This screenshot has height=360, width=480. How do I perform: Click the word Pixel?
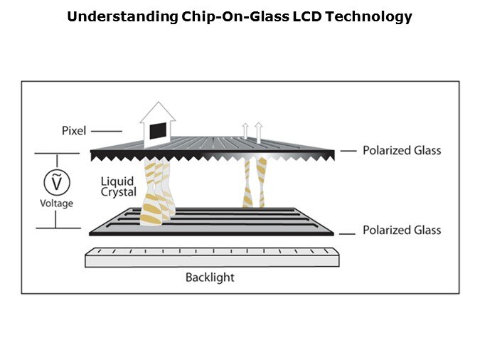74,130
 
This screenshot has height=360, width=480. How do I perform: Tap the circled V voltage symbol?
56,183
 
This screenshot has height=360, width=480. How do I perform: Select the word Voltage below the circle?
56,203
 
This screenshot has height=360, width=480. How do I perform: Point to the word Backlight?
210,277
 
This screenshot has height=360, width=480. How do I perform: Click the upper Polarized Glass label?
402,150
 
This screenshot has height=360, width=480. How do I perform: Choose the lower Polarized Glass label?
402,230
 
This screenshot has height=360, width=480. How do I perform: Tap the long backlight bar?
212,257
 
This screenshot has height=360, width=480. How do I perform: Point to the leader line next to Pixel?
107,131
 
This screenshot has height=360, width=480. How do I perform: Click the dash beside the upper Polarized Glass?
348,151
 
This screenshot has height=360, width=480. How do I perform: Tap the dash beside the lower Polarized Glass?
348,231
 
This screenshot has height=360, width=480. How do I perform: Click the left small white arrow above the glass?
245,130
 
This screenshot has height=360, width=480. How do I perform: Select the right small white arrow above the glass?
258,130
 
